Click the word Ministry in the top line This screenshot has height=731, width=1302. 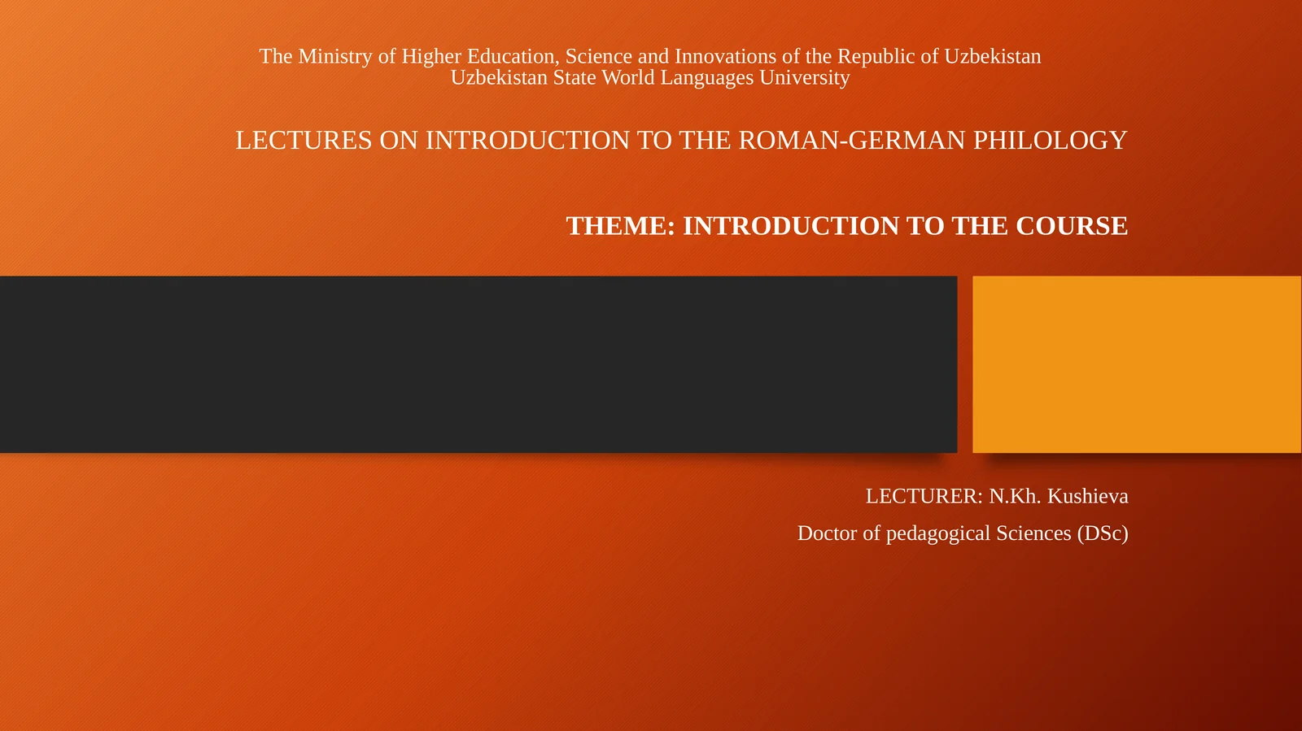pos(335,56)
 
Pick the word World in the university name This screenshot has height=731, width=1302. pos(627,77)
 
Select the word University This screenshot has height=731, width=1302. pos(804,78)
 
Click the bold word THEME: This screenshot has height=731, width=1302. pos(620,225)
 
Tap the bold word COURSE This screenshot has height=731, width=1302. pos(1071,225)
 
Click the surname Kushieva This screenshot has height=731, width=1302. pos(1087,496)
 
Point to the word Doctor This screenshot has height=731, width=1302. pos(827,533)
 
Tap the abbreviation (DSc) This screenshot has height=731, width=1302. pos(1103,533)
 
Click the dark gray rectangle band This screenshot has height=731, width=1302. pos(478,364)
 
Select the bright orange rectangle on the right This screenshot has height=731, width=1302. pos(1137,364)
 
